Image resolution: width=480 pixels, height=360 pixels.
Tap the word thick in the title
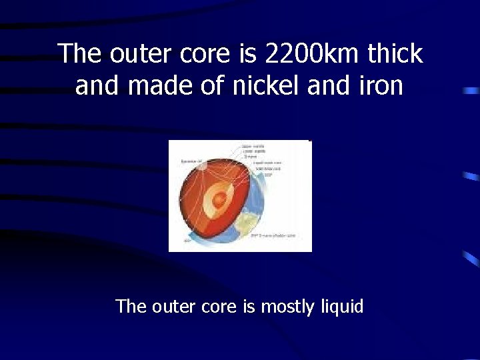pyautogui.click(x=393, y=54)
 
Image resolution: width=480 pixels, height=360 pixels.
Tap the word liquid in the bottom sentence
pyautogui.click(x=341, y=307)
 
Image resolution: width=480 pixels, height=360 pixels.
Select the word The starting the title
pyautogui.click(x=80, y=54)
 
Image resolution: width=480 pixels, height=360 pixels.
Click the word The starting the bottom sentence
pyautogui.click(x=131, y=307)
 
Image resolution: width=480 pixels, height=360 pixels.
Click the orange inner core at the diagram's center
pyautogui.click(x=218, y=199)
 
